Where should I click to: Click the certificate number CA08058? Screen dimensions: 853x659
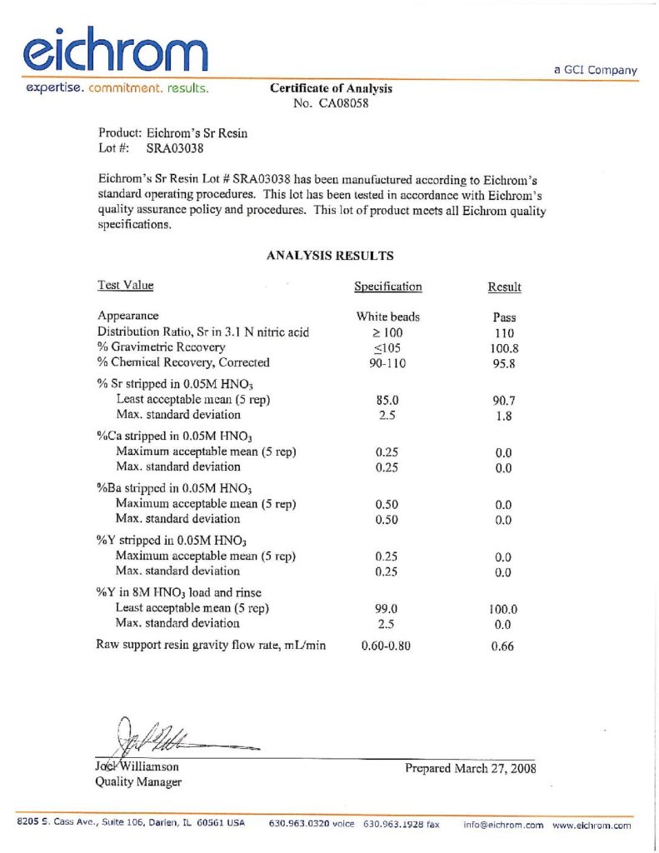(344, 104)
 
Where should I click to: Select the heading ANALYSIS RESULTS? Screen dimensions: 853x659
(330, 256)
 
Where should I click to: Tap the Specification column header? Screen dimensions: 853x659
(387, 287)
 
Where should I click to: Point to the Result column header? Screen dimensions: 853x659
(504, 287)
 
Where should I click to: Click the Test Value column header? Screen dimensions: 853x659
(125, 286)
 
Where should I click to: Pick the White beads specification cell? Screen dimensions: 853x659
(387, 317)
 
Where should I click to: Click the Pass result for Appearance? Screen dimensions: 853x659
(504, 317)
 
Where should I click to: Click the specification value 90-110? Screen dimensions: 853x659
(387, 362)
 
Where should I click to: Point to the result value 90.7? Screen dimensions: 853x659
(503, 401)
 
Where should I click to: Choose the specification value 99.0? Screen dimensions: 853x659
(387, 609)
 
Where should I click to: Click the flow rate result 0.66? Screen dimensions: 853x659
(502, 646)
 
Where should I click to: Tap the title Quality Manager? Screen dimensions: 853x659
(139, 781)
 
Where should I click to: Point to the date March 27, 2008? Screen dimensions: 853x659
(495, 768)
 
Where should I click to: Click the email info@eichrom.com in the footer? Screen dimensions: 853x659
(503, 825)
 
